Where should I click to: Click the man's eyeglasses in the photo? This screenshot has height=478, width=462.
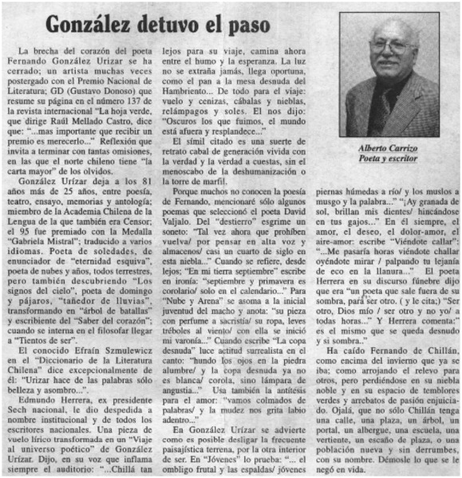392,49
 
